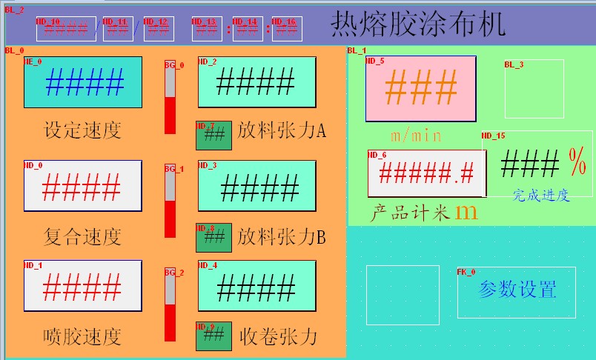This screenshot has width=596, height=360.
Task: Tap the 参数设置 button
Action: pos(517,290)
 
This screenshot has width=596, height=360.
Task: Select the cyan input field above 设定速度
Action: pos(83,82)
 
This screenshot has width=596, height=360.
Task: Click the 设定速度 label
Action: pos(82,131)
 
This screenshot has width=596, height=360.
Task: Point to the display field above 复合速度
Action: pos(83,184)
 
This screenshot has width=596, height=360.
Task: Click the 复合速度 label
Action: pos(82,237)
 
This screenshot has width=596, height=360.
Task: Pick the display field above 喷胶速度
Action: pos(83,285)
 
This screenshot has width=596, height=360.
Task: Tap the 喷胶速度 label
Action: pos(82,337)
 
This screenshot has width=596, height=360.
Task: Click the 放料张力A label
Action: pos(282,131)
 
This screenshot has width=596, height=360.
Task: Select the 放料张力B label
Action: pos(282,237)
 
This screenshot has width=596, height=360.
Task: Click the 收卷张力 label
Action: pos(279,337)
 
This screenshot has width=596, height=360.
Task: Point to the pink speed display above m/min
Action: pos(420,89)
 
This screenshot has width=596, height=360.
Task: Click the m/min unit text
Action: pos(416,136)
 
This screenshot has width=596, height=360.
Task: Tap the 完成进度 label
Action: pos(541,195)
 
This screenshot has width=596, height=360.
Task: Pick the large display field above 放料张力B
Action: pos(256,185)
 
